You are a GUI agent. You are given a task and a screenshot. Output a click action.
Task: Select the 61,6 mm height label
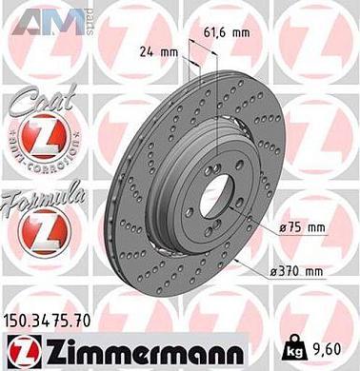pos(227,31)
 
